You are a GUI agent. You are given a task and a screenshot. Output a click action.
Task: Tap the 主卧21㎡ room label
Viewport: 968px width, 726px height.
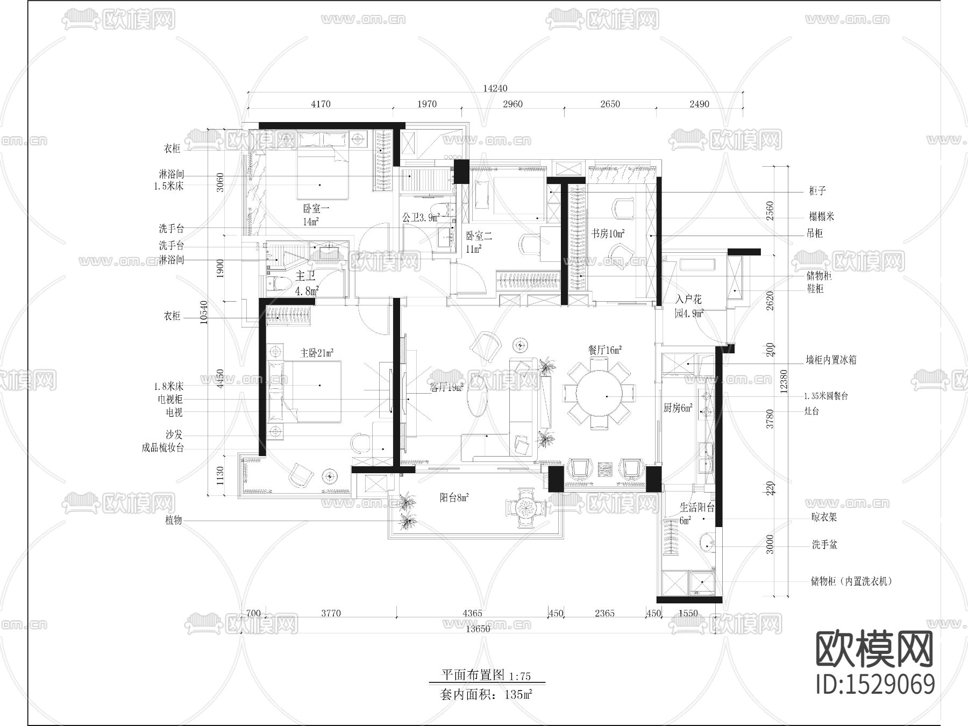tap(316, 353)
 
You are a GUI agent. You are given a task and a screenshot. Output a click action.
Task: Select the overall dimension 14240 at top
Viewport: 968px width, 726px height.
tap(495, 88)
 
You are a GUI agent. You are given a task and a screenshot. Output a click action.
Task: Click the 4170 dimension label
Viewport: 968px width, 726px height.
tap(321, 104)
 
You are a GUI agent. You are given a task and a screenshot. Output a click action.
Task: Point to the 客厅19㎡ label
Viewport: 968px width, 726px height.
tap(446, 387)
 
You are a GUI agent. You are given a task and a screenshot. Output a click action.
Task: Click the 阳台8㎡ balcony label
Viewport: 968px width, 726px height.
tap(454, 498)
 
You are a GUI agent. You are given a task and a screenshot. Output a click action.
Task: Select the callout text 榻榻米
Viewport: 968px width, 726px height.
tap(821, 217)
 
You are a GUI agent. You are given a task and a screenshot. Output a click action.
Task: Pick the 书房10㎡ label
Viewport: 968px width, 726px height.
tap(608, 233)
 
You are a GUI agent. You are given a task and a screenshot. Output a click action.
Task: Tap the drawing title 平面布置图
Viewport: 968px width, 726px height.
tap(473, 675)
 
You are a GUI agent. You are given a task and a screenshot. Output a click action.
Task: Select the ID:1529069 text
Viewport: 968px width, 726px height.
tap(875, 685)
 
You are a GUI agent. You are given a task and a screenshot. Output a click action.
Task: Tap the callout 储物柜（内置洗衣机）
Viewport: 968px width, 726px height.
tap(851, 581)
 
